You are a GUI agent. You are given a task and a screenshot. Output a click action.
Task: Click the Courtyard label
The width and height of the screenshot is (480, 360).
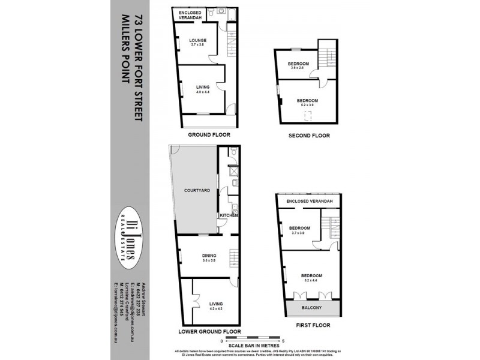click(x=197, y=190)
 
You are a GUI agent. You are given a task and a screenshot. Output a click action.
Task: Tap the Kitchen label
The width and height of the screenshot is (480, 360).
click(x=229, y=215)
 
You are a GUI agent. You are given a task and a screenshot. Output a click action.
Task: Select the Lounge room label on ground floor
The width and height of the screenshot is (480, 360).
click(x=199, y=40)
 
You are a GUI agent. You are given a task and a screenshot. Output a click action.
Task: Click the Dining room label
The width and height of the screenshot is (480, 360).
click(x=208, y=256)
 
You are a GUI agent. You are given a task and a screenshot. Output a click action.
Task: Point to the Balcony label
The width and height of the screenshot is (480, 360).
click(x=310, y=308)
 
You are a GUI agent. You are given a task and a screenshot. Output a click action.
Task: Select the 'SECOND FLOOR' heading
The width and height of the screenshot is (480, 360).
click(x=309, y=136)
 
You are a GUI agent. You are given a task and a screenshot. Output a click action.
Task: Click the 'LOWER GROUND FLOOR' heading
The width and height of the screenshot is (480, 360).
click(x=210, y=331)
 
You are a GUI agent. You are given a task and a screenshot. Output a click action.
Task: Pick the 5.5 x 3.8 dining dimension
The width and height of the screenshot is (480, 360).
click(x=208, y=261)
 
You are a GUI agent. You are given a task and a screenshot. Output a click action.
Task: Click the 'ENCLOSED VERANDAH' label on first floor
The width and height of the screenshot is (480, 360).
click(x=310, y=201)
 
